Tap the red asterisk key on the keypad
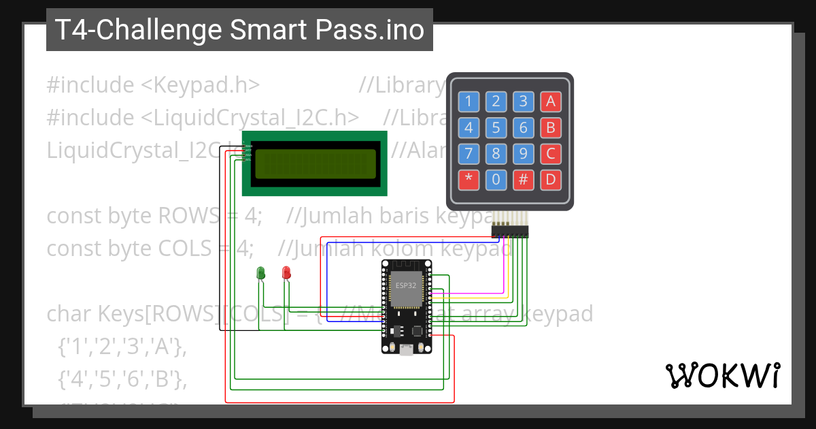469,180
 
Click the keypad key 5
496,127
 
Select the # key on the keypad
523,180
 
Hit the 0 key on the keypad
496,180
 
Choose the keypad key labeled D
550,180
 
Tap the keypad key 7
469,153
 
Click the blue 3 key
523,101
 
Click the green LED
260,273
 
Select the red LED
286,273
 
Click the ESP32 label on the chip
406,285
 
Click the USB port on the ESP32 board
407,350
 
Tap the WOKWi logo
722,376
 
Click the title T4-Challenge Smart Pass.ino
239,30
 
